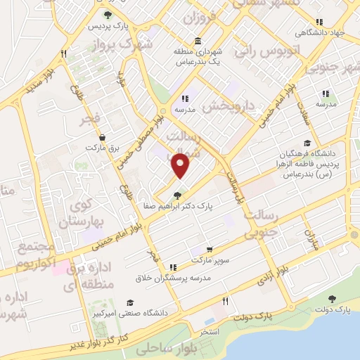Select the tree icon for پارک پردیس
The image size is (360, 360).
tap(107, 14)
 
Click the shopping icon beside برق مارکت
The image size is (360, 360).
tap(103, 138)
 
